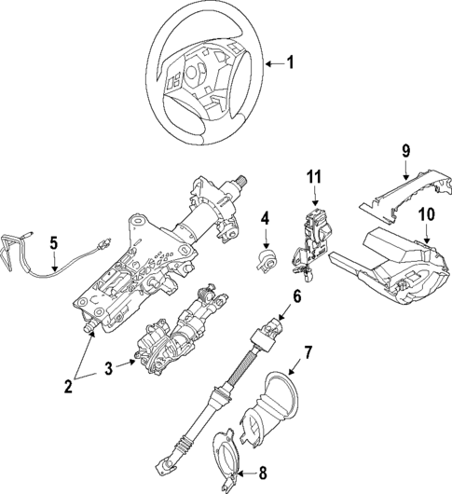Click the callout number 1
coord(289,63)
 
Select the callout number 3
coord(109,369)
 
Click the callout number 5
coord(53,244)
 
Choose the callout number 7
coord(309,353)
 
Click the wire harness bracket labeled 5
coord(19,253)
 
